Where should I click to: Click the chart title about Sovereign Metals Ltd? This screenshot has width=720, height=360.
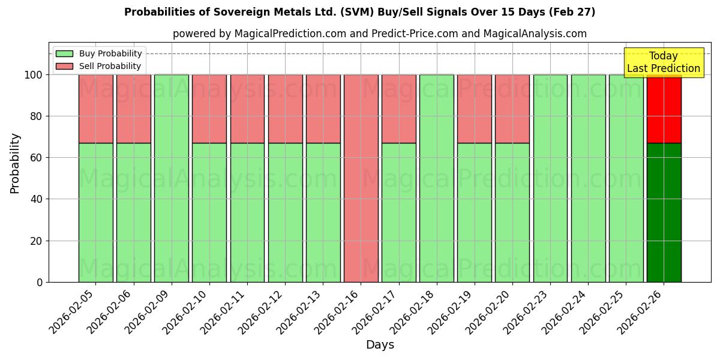[x=360, y=12]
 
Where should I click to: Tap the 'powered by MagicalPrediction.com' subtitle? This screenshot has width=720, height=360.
[x=379, y=34]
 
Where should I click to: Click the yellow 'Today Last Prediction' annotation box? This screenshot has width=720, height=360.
[x=663, y=63]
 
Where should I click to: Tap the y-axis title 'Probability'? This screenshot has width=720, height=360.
[x=15, y=163]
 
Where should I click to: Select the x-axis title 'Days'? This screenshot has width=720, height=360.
[x=380, y=345]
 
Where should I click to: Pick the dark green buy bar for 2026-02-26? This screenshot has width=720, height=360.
[x=664, y=212]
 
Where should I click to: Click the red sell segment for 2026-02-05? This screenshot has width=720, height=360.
[x=95, y=109]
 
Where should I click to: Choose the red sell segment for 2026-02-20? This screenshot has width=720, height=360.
[x=512, y=109]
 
